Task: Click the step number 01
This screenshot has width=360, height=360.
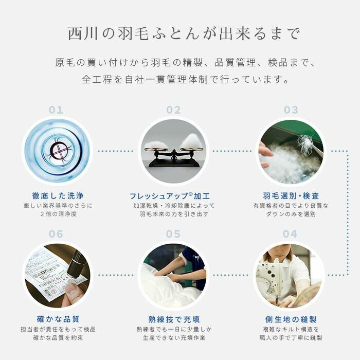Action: [x=56, y=110]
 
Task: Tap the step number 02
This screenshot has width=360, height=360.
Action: [x=173, y=110]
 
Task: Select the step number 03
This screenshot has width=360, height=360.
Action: [x=291, y=110]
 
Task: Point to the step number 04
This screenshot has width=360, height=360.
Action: [x=290, y=234]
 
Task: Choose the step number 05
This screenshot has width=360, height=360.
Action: [x=173, y=234]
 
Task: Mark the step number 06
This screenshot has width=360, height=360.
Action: [x=56, y=234]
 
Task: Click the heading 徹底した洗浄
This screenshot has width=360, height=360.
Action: [x=58, y=196]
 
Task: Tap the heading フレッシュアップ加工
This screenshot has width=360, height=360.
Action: [x=170, y=196]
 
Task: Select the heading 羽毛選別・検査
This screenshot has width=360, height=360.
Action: [x=291, y=196]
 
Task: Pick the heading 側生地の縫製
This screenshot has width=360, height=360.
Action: [x=291, y=319]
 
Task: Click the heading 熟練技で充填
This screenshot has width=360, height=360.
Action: [x=174, y=319]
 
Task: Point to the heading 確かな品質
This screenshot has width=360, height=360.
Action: [x=58, y=319]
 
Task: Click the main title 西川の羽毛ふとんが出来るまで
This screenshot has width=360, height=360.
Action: [x=184, y=34]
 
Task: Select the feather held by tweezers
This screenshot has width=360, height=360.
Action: [x=305, y=141]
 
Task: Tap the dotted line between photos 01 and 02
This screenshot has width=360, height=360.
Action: [x=116, y=151]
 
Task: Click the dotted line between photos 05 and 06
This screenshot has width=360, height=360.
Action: [x=116, y=275]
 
